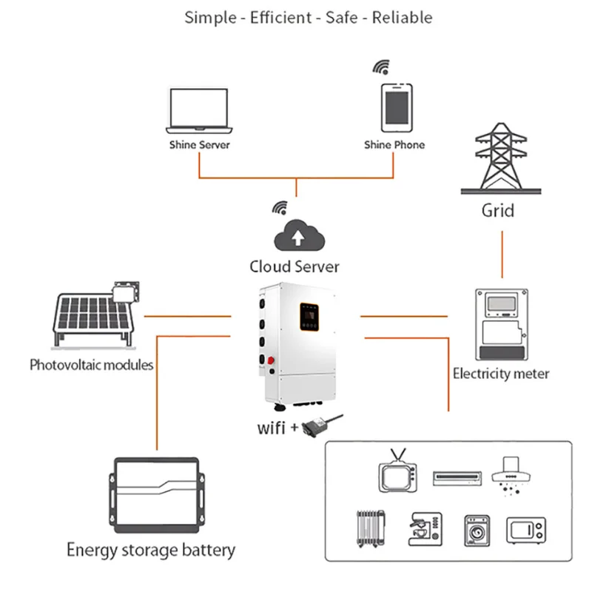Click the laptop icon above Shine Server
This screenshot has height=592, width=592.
click(x=198, y=109)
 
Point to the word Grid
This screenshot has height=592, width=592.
click(x=498, y=210)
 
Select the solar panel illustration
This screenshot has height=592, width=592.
click(x=92, y=314)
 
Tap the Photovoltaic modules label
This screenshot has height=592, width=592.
click(x=92, y=364)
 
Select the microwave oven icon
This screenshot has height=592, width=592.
click(x=528, y=530)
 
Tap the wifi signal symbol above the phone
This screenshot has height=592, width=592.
click(x=380, y=69)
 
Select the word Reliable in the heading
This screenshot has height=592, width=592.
click(x=403, y=18)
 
